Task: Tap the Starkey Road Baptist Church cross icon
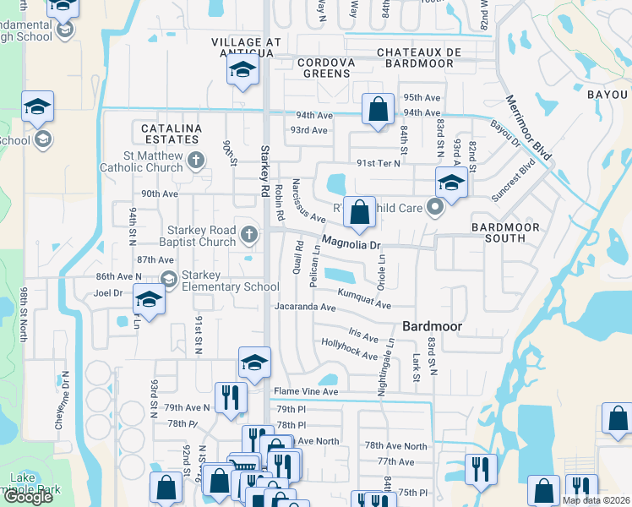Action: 249,234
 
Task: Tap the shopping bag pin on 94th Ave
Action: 378,109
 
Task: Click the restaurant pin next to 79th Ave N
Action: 230,396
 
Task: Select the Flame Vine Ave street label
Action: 305,392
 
